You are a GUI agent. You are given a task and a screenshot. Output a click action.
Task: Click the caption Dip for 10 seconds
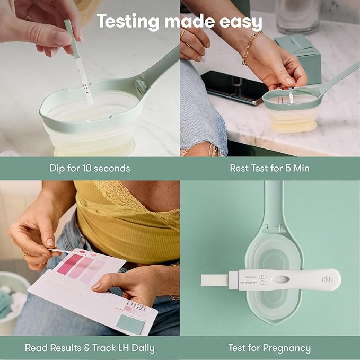[90, 169]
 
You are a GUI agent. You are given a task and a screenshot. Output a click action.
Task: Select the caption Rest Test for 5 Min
[269, 169]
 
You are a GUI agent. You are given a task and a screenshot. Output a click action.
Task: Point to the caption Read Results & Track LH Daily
[90, 348]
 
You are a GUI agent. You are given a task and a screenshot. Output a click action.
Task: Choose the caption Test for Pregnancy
[269, 348]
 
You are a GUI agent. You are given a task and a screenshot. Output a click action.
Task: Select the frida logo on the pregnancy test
[328, 279]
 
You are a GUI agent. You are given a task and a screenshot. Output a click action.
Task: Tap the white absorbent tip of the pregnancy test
[215, 279]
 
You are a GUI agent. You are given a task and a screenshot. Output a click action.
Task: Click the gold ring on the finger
[25, 255]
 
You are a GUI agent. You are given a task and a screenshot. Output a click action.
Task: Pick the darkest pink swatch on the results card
[69, 264]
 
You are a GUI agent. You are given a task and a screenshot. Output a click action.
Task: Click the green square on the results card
[130, 323]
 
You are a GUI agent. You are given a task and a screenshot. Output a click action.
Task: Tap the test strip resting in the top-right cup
[291, 96]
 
